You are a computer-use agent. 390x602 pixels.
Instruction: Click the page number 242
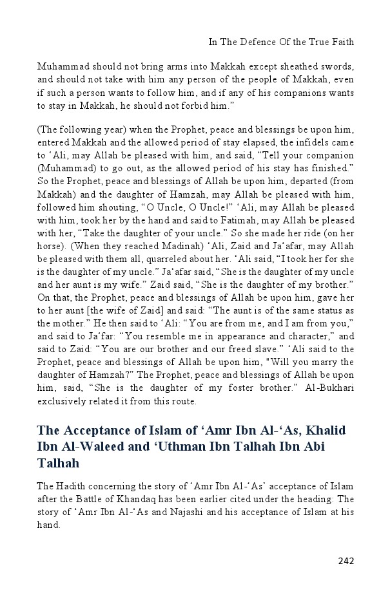coord(346,560)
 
